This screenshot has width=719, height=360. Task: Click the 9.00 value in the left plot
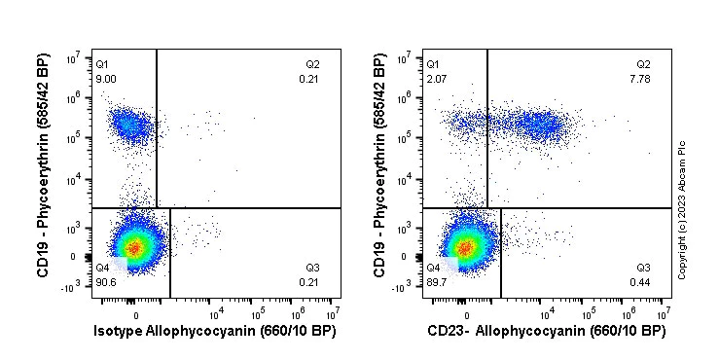(x=105, y=79)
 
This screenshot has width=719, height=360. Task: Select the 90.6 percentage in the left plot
(x=106, y=282)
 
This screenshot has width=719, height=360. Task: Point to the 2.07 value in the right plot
(x=436, y=79)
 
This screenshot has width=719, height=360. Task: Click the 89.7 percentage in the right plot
(x=437, y=282)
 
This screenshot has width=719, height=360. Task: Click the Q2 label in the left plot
(x=312, y=64)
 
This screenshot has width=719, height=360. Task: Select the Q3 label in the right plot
(x=643, y=268)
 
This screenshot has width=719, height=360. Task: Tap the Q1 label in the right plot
(x=433, y=64)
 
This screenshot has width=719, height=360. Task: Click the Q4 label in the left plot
(x=102, y=268)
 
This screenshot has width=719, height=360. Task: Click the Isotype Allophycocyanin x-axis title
(x=213, y=331)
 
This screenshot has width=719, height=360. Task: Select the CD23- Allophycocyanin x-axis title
(x=547, y=331)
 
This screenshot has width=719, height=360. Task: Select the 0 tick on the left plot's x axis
(x=135, y=313)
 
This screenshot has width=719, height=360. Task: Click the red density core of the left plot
(x=135, y=248)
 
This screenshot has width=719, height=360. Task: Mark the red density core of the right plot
(x=466, y=248)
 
